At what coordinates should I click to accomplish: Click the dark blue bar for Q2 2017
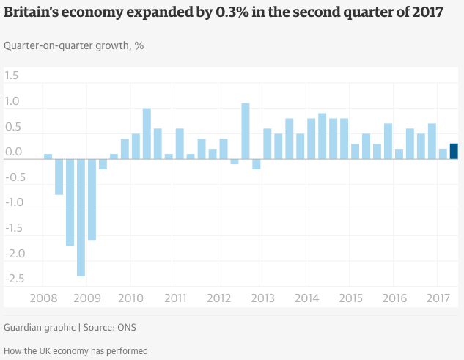click(454, 151)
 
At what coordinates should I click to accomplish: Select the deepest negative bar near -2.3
click(81, 217)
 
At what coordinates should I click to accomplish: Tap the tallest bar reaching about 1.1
click(246, 131)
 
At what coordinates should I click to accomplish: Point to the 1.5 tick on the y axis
click(12, 76)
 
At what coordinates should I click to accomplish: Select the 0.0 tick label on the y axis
click(12, 152)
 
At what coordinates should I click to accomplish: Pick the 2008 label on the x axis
click(43, 298)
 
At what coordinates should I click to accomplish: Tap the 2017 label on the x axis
click(437, 298)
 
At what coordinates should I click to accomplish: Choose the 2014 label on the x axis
click(306, 298)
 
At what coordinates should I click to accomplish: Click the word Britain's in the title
click(34, 13)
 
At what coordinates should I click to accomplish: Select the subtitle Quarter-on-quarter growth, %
click(74, 45)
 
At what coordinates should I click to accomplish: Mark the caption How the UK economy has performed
click(76, 350)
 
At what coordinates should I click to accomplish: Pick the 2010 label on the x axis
click(130, 298)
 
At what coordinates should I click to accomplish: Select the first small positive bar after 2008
click(48, 156)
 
